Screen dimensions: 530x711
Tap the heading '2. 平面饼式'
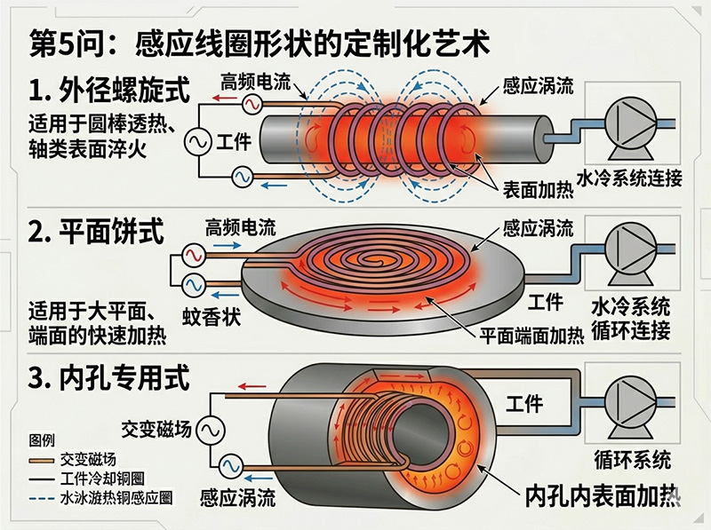[x=97, y=233]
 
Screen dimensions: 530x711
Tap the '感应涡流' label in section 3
[x=236, y=495]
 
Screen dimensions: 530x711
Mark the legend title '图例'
[x=43, y=441]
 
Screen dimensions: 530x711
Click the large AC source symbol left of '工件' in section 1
[x=196, y=140]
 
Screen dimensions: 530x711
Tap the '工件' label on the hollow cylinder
[x=524, y=404]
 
